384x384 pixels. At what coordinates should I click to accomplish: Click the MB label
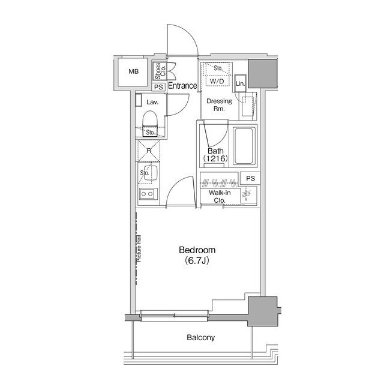pyautogui.click(x=133, y=71)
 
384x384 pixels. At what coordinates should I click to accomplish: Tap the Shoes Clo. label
pyautogui.click(x=160, y=71)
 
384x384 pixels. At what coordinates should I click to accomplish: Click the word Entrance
pyautogui.click(x=182, y=86)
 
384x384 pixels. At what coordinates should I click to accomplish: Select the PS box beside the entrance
pyautogui.click(x=158, y=87)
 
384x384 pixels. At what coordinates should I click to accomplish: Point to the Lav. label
pyautogui.click(x=152, y=102)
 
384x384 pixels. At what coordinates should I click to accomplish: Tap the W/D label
pyautogui.click(x=217, y=82)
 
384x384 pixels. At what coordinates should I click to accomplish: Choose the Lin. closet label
pyautogui.click(x=240, y=83)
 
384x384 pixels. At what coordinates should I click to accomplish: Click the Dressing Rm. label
pyautogui.click(x=219, y=105)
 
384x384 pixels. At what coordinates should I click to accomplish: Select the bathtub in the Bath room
pyautogui.click(x=244, y=146)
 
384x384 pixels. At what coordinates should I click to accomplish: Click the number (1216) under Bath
pyautogui.click(x=216, y=158)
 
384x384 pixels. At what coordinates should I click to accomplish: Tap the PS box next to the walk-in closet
pyautogui.click(x=250, y=179)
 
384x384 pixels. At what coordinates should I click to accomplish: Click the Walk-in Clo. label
pyautogui.click(x=220, y=196)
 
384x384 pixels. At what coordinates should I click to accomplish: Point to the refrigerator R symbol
pyautogui.click(x=149, y=151)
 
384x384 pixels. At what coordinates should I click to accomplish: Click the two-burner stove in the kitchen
pyautogui.click(x=146, y=194)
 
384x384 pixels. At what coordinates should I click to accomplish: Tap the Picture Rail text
pyautogui.click(x=139, y=248)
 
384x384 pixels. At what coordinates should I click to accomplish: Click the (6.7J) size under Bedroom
pyautogui.click(x=197, y=260)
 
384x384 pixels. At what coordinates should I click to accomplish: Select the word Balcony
pyautogui.click(x=201, y=337)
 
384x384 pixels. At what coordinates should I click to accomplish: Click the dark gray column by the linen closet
pyautogui.click(x=263, y=73)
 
